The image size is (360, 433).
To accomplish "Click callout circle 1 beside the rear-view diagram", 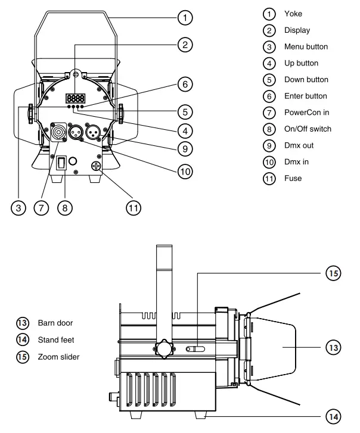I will click(x=187, y=18).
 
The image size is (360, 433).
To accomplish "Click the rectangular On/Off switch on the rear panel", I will click(x=61, y=163).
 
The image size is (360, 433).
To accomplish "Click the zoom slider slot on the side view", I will click(x=196, y=348).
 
